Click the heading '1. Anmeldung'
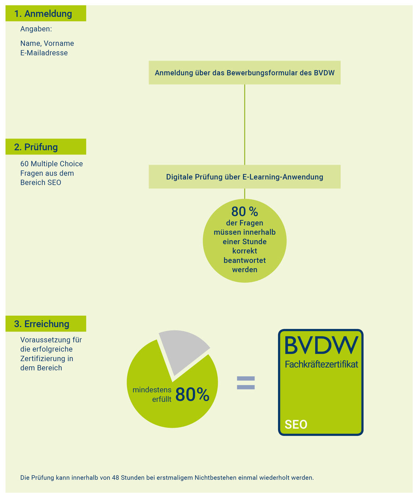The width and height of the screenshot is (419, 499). coord(43,14)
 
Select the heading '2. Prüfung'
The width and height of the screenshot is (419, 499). coord(36,147)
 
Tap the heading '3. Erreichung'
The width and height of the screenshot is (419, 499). coord(42,324)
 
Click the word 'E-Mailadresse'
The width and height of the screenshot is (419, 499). coord(44,53)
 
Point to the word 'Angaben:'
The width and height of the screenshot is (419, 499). coord(36,29)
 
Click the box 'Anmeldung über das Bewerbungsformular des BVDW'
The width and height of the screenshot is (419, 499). coord(245,73)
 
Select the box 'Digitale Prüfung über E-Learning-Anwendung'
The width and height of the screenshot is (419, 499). coord(245,177)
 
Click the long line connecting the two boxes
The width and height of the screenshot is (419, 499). coord(245,125)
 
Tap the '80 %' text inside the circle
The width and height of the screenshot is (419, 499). coord(245,211)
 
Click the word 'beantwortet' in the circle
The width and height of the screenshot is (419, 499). coord(245,260)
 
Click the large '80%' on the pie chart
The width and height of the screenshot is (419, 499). coord(193,394)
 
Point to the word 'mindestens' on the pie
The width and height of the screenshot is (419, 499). coord(152,390)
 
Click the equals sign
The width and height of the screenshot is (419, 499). coord(246,383)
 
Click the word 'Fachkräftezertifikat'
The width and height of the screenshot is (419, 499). coord(322,364)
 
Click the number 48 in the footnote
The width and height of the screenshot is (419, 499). coord(115,478)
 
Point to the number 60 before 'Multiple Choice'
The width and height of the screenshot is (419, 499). coord(24,164)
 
